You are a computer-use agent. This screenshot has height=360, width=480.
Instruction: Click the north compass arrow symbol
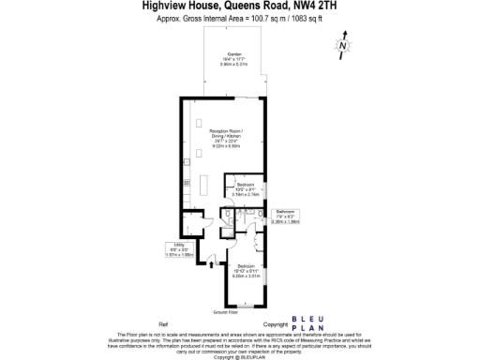[x=344, y=45]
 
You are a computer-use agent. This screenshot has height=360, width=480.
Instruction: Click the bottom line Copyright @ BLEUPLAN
[x=239, y=356]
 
